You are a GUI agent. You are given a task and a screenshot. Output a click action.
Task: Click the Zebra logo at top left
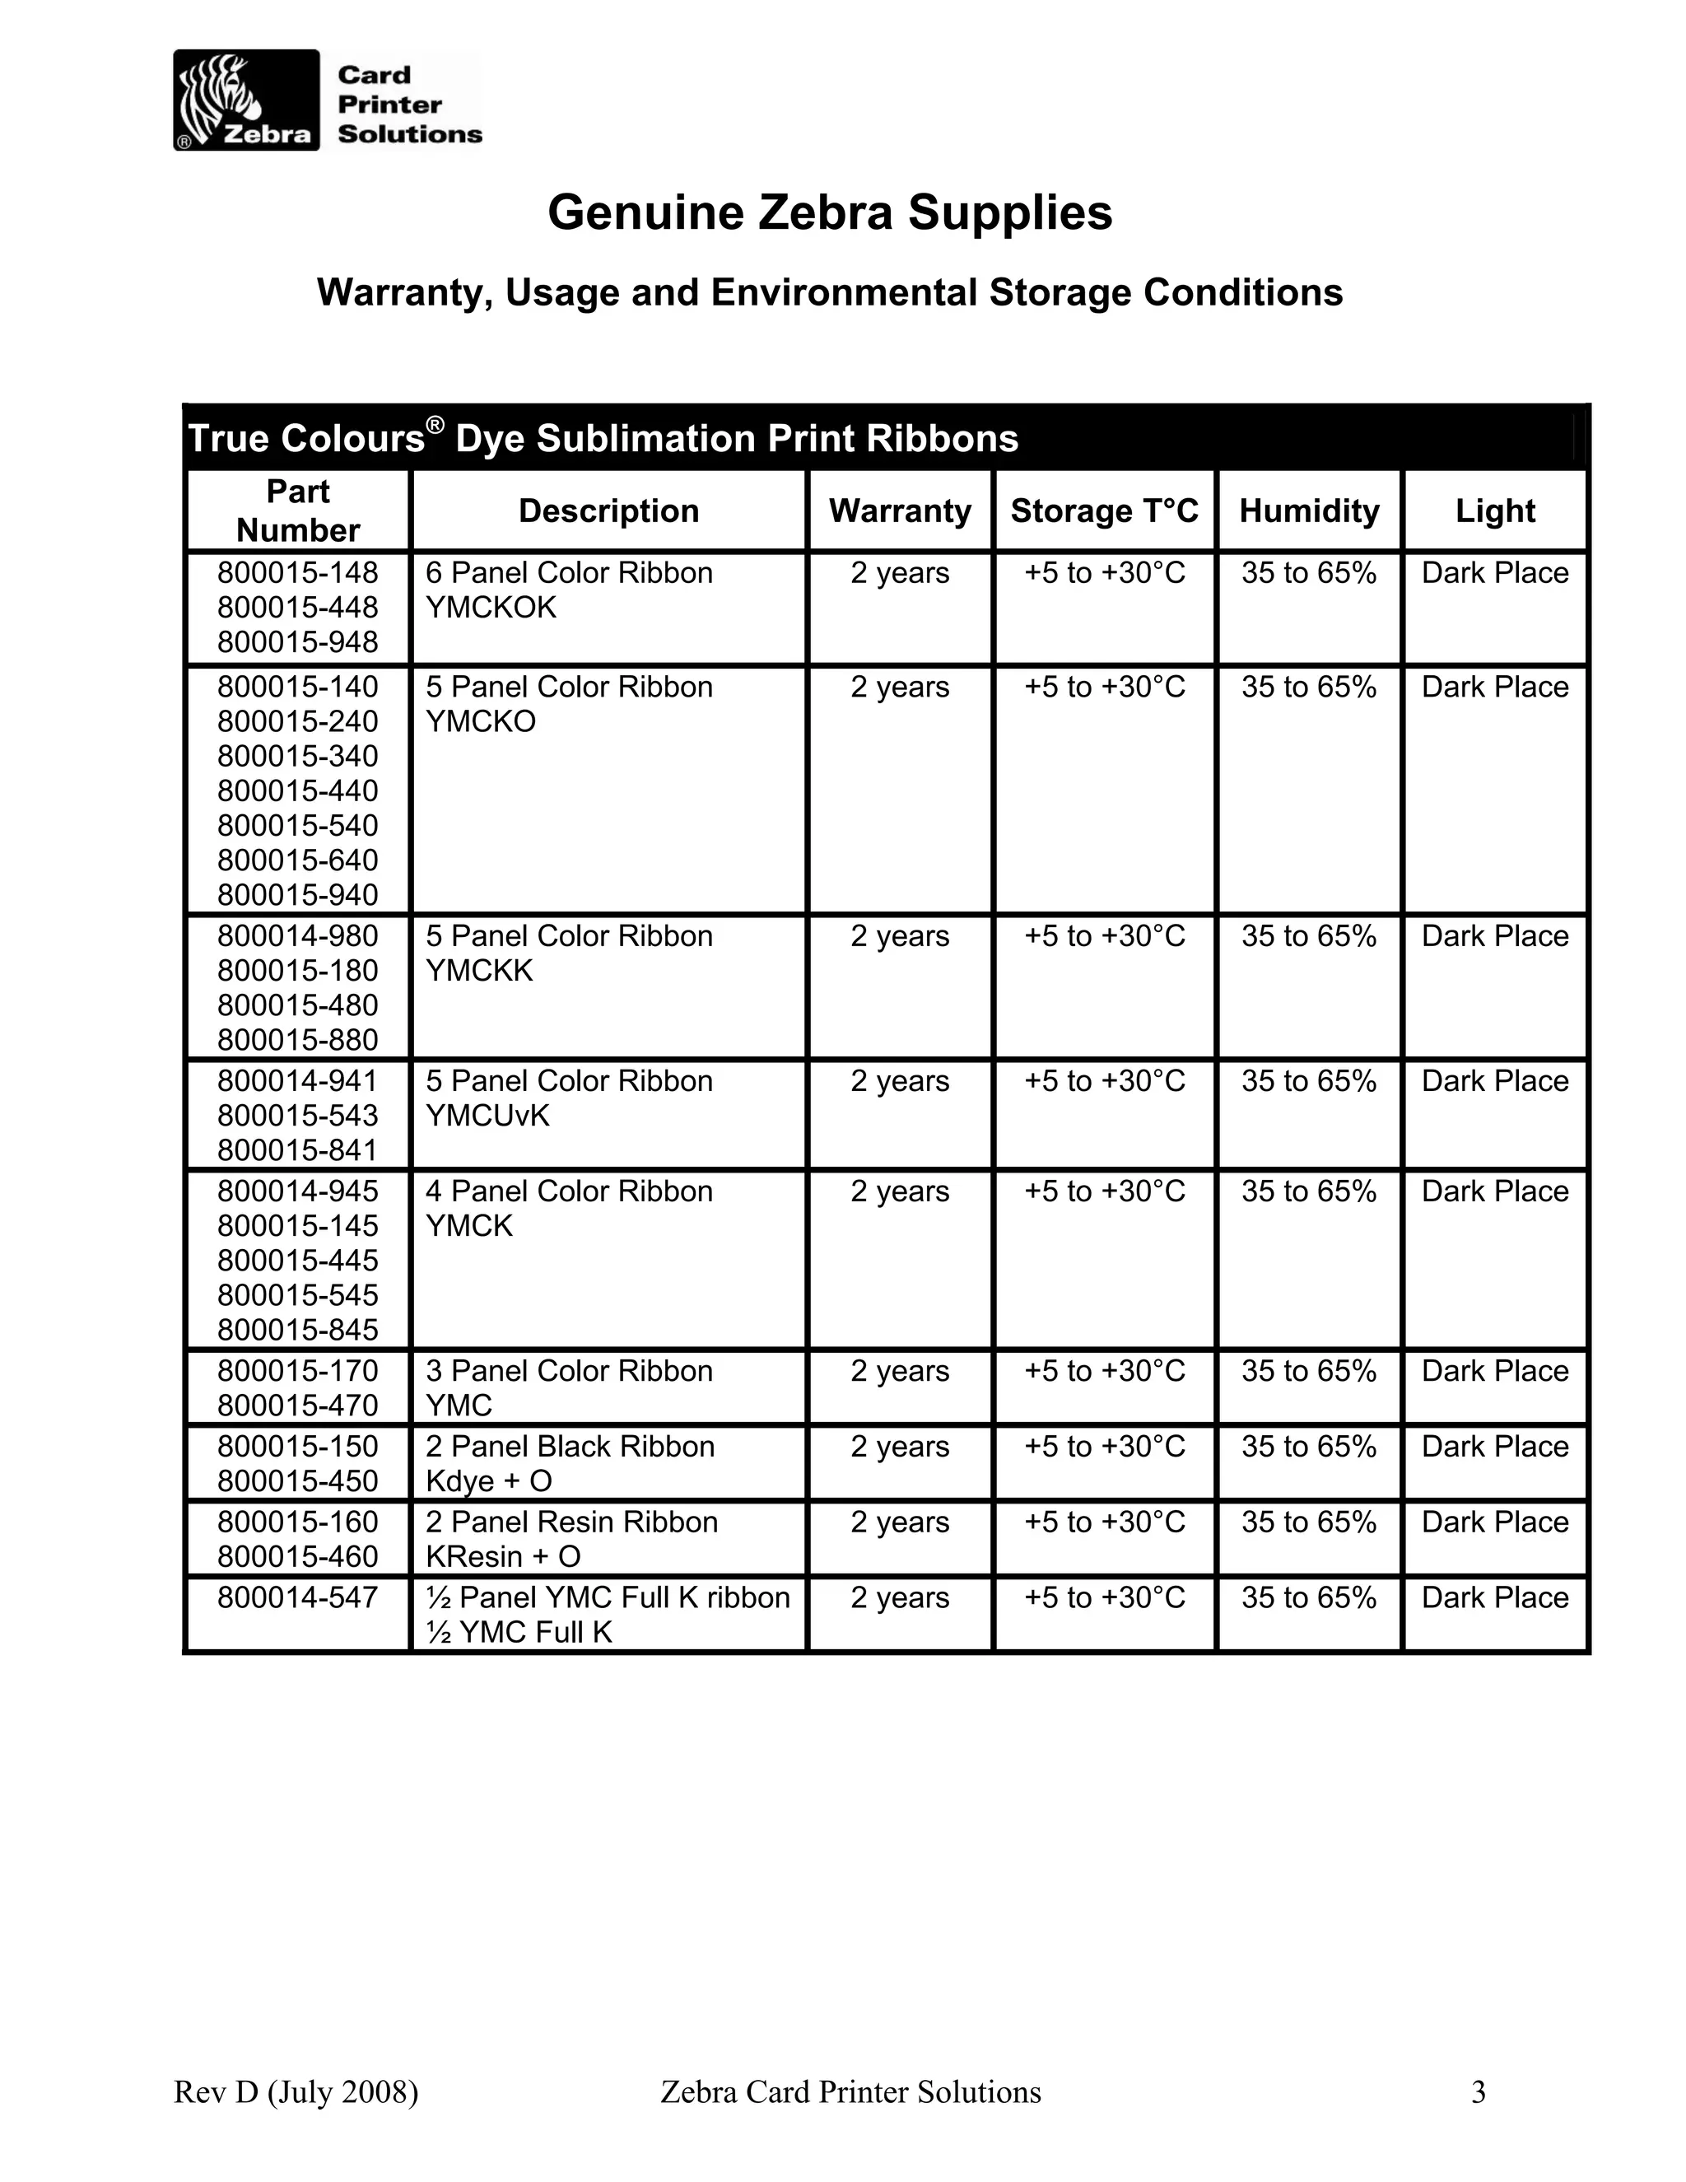coord(245,100)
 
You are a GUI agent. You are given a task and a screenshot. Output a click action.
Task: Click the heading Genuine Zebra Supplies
coord(829,212)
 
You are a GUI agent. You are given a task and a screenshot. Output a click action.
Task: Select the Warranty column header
coord(899,511)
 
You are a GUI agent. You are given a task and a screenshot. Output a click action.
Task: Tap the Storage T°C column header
coord(1104,511)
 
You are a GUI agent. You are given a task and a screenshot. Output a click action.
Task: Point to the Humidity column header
coord(1308,511)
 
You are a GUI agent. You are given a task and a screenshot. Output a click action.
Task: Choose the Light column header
coord(1494,511)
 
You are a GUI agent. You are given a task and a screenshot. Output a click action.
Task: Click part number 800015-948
coord(298,642)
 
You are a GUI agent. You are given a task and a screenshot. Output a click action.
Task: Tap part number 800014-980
coord(298,936)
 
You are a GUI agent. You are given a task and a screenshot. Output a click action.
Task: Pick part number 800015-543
coord(298,1116)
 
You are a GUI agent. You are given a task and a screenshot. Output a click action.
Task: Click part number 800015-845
coord(298,1330)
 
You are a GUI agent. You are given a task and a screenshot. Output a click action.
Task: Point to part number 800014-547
coord(298,1597)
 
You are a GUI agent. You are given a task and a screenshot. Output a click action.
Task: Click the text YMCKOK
coord(491,608)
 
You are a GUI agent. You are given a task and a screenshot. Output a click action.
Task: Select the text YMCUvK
coord(487,1116)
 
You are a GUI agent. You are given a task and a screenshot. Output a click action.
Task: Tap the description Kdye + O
coord(488,1480)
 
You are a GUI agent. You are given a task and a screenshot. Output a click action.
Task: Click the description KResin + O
coord(502,1556)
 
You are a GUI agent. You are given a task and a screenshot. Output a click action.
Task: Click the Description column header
coord(608,511)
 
